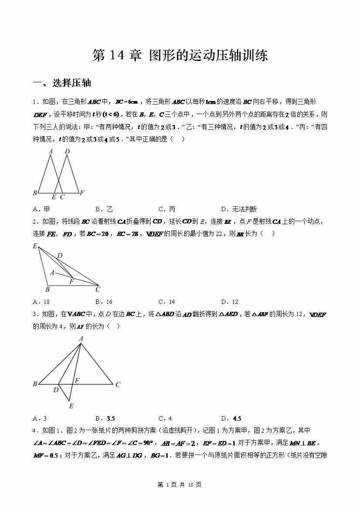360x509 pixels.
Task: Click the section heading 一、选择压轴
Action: point(62,83)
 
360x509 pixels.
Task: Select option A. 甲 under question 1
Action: point(41,209)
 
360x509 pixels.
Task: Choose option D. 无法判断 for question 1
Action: point(239,209)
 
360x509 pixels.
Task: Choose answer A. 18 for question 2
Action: point(41,302)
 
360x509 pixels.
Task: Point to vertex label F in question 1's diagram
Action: point(82,192)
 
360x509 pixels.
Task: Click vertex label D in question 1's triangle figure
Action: point(67,152)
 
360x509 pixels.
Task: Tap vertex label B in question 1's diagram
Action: point(35,192)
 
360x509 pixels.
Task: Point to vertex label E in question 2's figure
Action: point(35,246)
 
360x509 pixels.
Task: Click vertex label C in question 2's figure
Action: point(98,289)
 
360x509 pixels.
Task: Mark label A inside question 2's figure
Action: point(52,273)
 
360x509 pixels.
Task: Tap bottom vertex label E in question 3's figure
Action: point(71,406)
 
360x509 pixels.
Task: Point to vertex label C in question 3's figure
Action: point(118,384)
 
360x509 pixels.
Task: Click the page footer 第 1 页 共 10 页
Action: point(179,485)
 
